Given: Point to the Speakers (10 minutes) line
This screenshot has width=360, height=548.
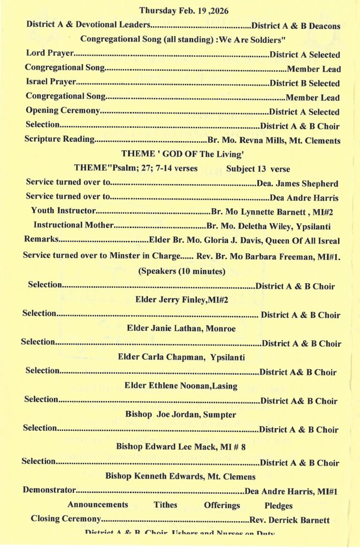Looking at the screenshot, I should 182,271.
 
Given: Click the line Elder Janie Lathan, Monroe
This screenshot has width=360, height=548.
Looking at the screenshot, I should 181,328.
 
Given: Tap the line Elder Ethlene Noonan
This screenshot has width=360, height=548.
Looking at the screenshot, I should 181,385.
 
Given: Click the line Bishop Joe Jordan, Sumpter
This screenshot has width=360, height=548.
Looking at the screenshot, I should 181,414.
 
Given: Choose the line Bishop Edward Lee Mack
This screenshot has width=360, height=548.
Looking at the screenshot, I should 181,447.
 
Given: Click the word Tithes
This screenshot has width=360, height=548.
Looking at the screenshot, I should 165,505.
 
